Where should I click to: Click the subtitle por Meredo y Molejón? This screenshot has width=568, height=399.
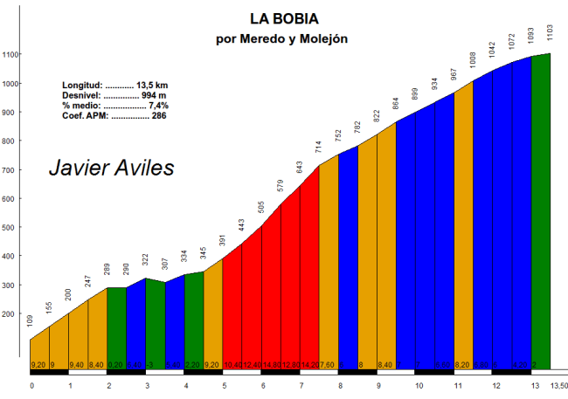[281, 38]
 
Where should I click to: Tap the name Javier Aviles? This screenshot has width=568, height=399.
[111, 167]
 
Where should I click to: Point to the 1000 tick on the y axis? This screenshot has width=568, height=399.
[10, 84]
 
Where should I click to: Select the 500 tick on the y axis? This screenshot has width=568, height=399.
[10, 228]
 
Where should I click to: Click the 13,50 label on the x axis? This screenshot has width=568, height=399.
[558, 385]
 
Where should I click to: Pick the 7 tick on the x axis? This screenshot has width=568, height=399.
[301, 385]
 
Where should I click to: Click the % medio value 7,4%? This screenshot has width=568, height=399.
[156, 106]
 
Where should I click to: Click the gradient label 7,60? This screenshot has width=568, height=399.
[328, 364]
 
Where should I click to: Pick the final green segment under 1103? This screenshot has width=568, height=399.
[541, 210]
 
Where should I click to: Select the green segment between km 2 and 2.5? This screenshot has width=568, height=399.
[116, 323]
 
